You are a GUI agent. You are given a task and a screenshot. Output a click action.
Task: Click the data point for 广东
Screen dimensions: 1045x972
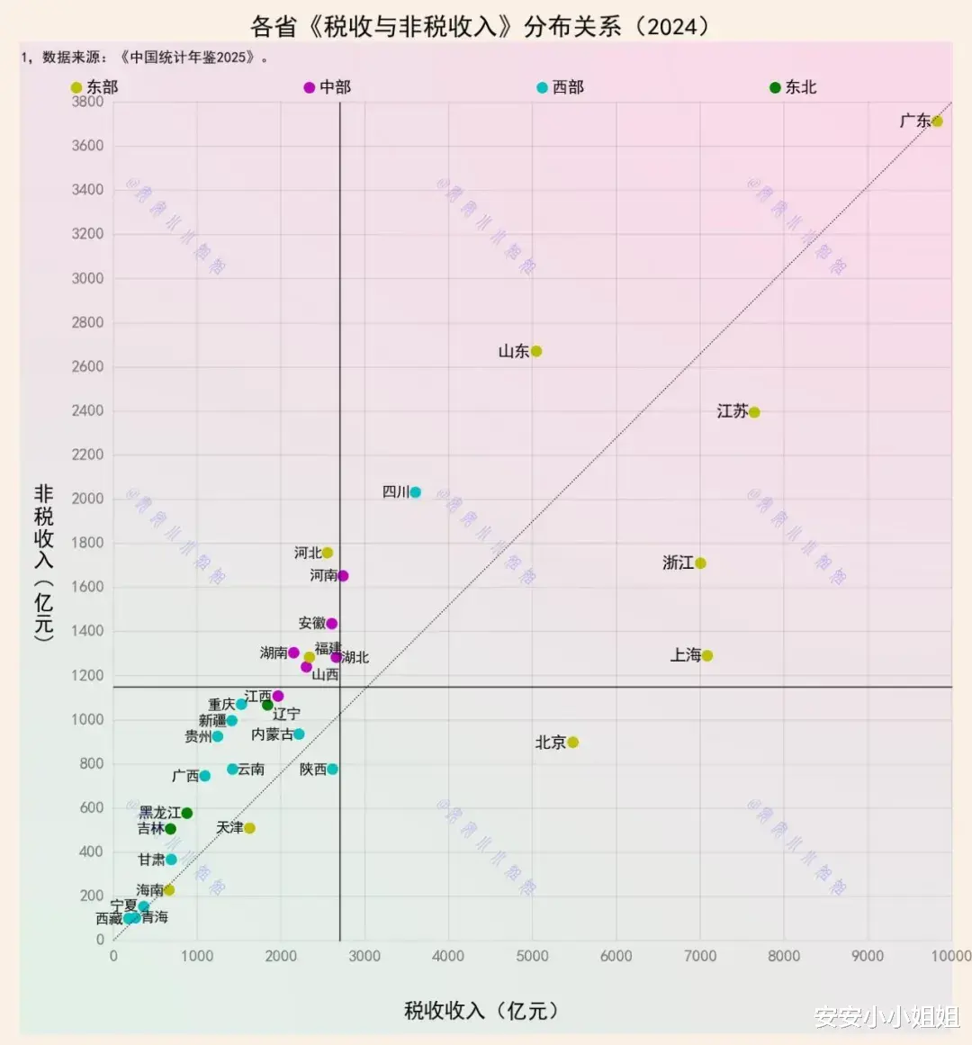(937, 122)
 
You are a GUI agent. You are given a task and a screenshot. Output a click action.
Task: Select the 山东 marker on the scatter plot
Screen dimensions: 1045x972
(536, 351)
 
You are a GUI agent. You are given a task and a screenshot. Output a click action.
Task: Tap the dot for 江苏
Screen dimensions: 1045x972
(754, 412)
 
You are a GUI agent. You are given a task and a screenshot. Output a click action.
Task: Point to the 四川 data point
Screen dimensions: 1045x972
(415, 492)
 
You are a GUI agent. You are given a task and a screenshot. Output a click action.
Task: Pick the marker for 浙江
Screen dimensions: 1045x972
(700, 563)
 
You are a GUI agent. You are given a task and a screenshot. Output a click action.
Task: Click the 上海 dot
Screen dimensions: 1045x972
(707, 655)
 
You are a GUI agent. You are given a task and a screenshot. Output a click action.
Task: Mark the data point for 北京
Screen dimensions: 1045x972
(573, 743)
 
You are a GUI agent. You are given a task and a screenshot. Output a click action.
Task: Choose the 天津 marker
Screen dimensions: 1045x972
(249, 828)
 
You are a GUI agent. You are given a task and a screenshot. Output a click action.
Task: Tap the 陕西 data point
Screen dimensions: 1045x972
(333, 770)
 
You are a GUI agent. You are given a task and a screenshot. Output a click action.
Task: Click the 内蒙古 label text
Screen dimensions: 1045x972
(272, 734)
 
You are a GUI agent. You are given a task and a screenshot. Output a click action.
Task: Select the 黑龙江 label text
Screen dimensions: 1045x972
(159, 813)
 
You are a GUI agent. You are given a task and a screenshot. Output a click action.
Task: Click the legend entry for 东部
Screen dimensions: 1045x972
(94, 87)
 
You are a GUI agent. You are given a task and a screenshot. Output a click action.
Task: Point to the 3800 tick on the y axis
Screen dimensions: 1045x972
(87, 102)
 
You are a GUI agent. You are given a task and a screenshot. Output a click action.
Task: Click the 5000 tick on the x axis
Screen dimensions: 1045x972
(532, 956)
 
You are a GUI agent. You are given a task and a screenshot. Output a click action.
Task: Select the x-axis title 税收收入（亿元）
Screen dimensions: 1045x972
(481, 1011)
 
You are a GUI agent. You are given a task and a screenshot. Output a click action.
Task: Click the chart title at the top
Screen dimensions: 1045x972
(481, 26)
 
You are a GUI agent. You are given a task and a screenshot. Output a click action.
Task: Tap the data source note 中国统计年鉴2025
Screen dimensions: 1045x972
(189, 58)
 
